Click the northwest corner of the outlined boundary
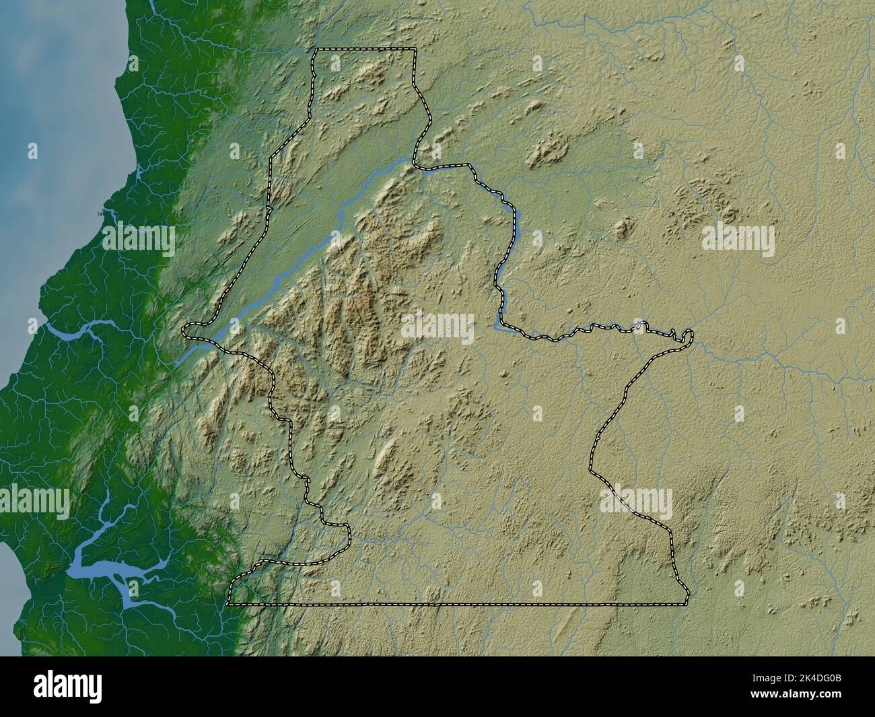pyautogui.click(x=316, y=50)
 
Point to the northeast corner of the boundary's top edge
pyautogui.click(x=414, y=50)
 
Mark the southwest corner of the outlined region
pyautogui.click(x=228, y=605)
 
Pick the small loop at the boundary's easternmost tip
pyautogui.click(x=687, y=335)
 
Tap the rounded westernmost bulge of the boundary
pyautogui.click(x=187, y=330)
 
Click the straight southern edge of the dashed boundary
pyautogui.click(x=458, y=605)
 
